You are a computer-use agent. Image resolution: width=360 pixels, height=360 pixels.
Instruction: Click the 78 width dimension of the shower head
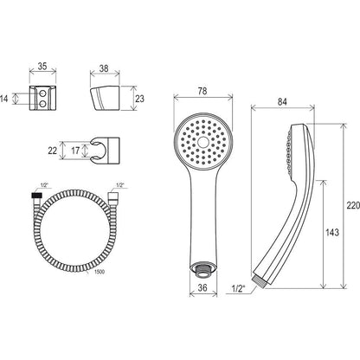pos(202,91)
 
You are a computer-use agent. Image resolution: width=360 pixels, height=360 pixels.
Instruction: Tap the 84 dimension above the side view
pos(282,101)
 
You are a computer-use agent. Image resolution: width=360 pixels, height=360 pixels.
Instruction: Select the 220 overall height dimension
pos(353,205)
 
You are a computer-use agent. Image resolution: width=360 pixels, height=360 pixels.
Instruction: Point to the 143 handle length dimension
pos(332,232)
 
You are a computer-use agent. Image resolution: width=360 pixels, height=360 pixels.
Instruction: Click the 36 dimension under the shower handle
pos(202,287)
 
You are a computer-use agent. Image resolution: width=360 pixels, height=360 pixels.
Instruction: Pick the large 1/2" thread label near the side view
pos(238,288)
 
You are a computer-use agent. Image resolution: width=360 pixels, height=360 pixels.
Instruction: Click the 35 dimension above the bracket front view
pos(42,66)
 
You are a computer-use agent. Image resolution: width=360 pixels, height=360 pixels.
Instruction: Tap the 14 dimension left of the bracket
pos(3,99)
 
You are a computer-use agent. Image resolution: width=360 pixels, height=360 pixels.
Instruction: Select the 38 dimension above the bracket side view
pos(104,68)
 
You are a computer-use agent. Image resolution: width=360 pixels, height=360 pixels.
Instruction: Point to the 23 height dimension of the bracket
pos(139,99)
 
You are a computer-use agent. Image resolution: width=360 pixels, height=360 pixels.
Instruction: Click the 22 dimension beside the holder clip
pos(53,151)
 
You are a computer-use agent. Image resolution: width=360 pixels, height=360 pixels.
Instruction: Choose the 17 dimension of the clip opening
pos(75,151)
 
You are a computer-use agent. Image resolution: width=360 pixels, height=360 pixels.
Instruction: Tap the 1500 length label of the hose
pos(100,272)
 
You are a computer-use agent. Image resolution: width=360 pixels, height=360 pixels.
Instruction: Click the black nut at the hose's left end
pos(35,195)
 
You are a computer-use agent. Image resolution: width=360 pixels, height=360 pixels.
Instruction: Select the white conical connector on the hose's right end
pos(112,195)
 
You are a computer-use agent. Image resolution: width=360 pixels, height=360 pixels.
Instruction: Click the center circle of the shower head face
pos(203,142)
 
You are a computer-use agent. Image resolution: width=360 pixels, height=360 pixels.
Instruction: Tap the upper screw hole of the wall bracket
pos(42,93)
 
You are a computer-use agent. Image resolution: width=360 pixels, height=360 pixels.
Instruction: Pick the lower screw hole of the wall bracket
pos(42,104)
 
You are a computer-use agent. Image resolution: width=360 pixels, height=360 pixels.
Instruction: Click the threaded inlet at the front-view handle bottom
pos(203,270)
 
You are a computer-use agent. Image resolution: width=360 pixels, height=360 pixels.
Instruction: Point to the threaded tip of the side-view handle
pos(260,281)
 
